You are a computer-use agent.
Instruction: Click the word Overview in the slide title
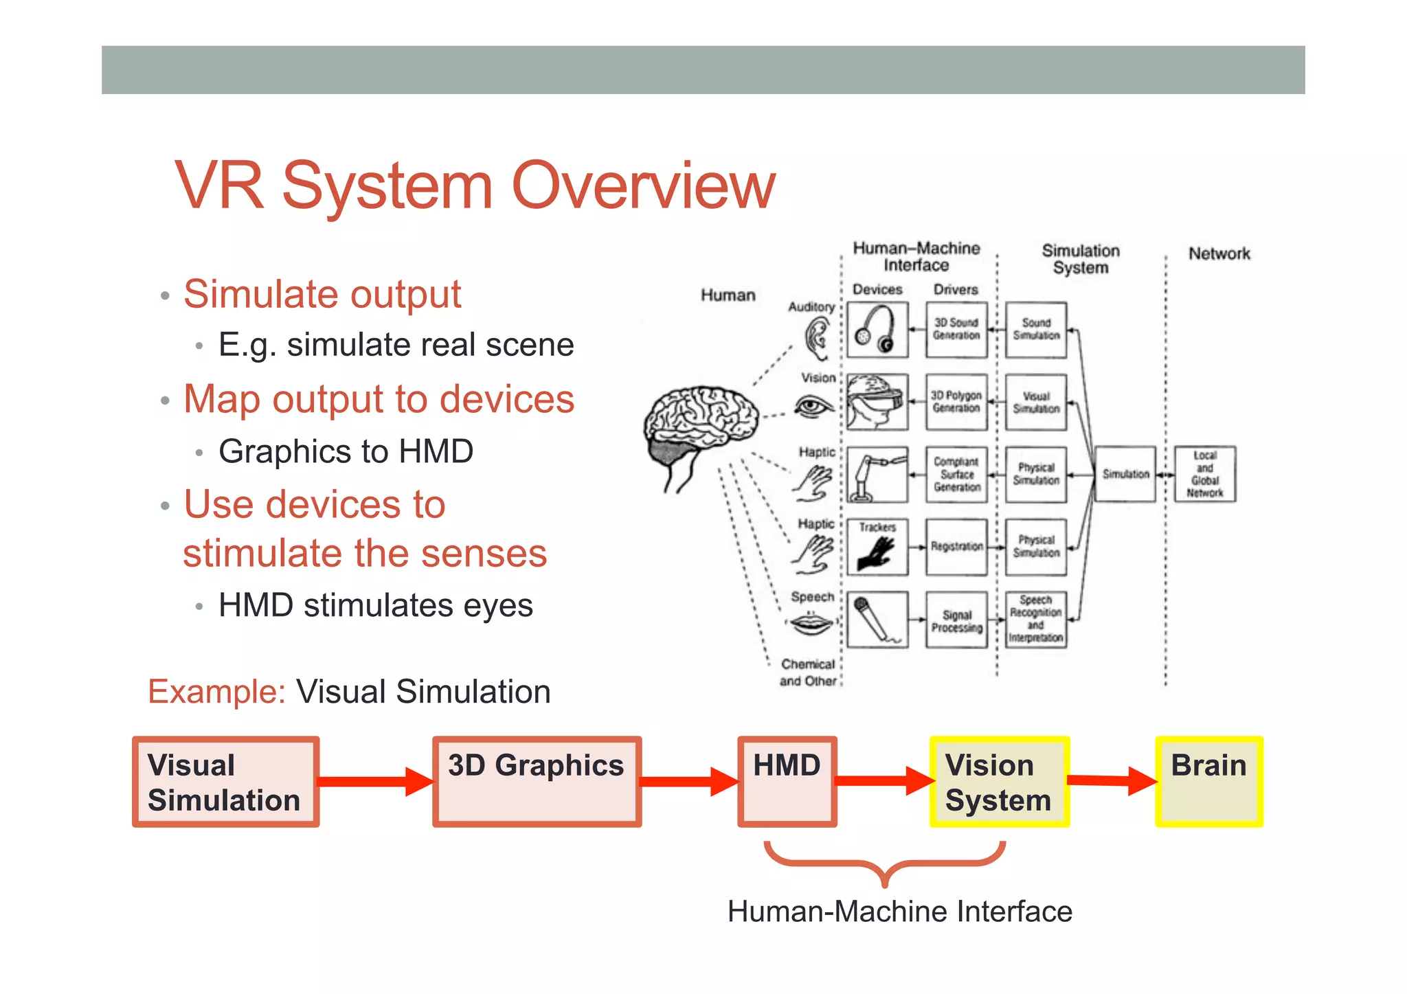643,185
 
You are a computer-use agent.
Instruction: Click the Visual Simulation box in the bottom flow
225,782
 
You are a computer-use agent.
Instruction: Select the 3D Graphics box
537,782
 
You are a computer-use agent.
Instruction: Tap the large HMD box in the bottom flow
787,782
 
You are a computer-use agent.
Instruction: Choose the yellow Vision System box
999,782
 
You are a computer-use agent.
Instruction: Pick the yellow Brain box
1209,782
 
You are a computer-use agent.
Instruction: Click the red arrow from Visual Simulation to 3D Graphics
375,782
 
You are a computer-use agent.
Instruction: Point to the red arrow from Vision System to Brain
1112,780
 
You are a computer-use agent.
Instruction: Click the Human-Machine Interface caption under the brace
899,912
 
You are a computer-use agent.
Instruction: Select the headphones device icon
877,330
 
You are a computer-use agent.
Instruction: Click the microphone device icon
877,619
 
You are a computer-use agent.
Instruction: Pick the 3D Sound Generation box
956,330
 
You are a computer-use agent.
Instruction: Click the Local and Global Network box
1204,474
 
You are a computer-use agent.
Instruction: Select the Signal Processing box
956,620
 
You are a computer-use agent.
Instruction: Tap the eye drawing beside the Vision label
813,407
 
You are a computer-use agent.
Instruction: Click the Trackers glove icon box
877,547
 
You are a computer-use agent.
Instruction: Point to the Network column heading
1219,253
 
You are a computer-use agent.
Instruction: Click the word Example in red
216,692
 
